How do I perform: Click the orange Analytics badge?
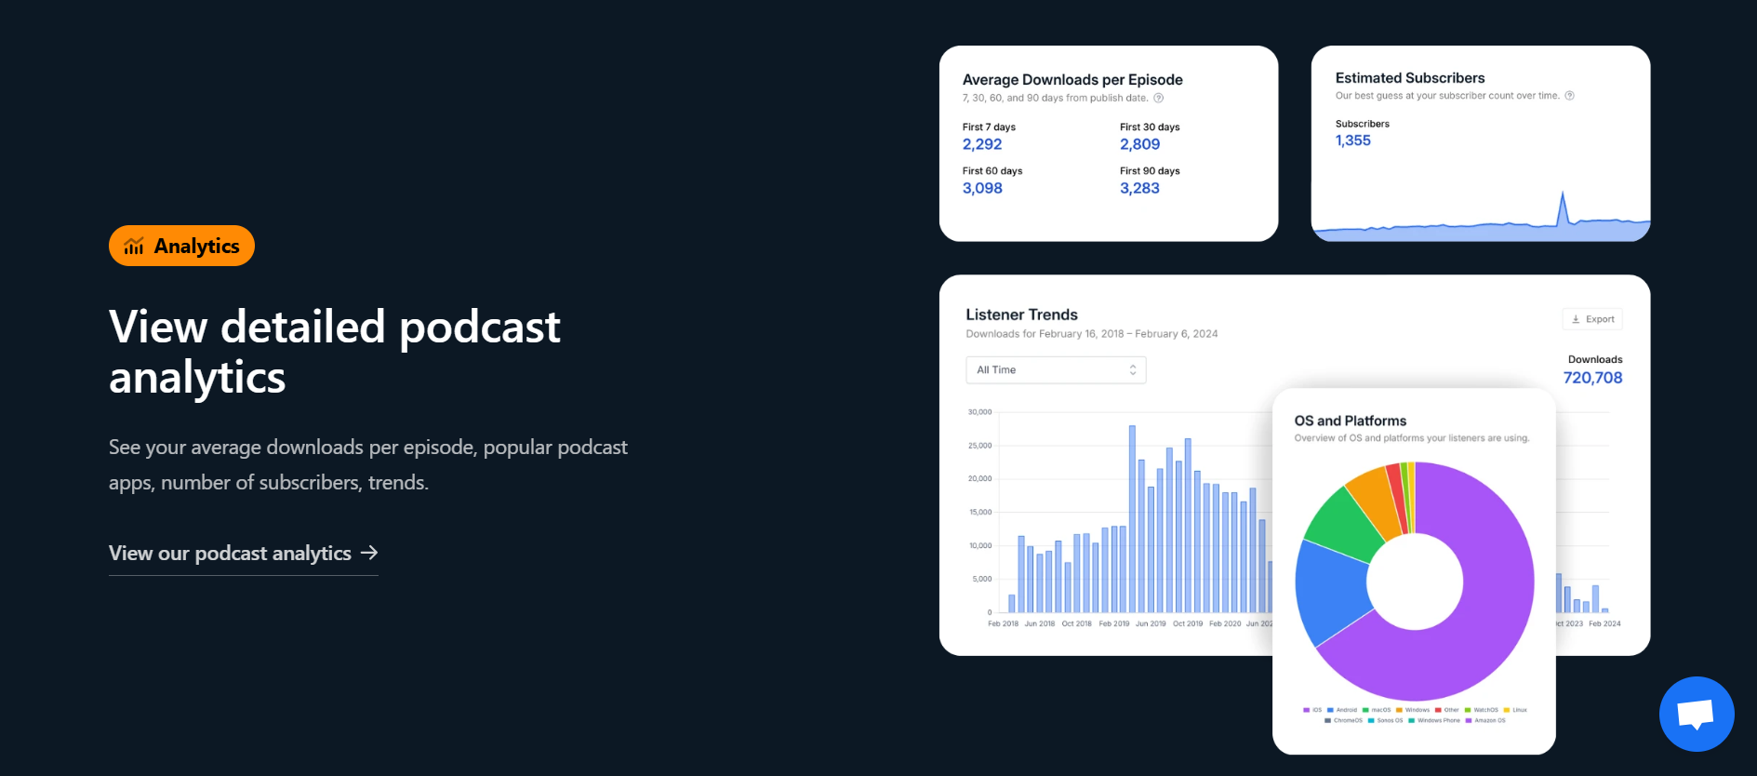click(181, 246)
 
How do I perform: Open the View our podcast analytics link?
click(243, 554)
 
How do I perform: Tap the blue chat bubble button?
click(1696, 714)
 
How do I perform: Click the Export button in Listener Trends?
click(1592, 319)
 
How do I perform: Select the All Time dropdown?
click(1056, 370)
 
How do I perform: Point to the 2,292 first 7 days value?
click(982, 144)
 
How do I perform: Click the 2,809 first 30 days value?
click(1139, 144)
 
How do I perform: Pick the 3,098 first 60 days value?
click(982, 188)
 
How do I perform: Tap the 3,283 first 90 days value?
click(1139, 188)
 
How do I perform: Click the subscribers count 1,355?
click(1353, 140)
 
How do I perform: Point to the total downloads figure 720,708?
click(1592, 378)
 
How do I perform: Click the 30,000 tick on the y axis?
click(979, 412)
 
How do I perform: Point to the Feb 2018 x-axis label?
click(1003, 624)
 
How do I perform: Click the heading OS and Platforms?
click(1350, 421)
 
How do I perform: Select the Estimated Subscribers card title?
click(1410, 78)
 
